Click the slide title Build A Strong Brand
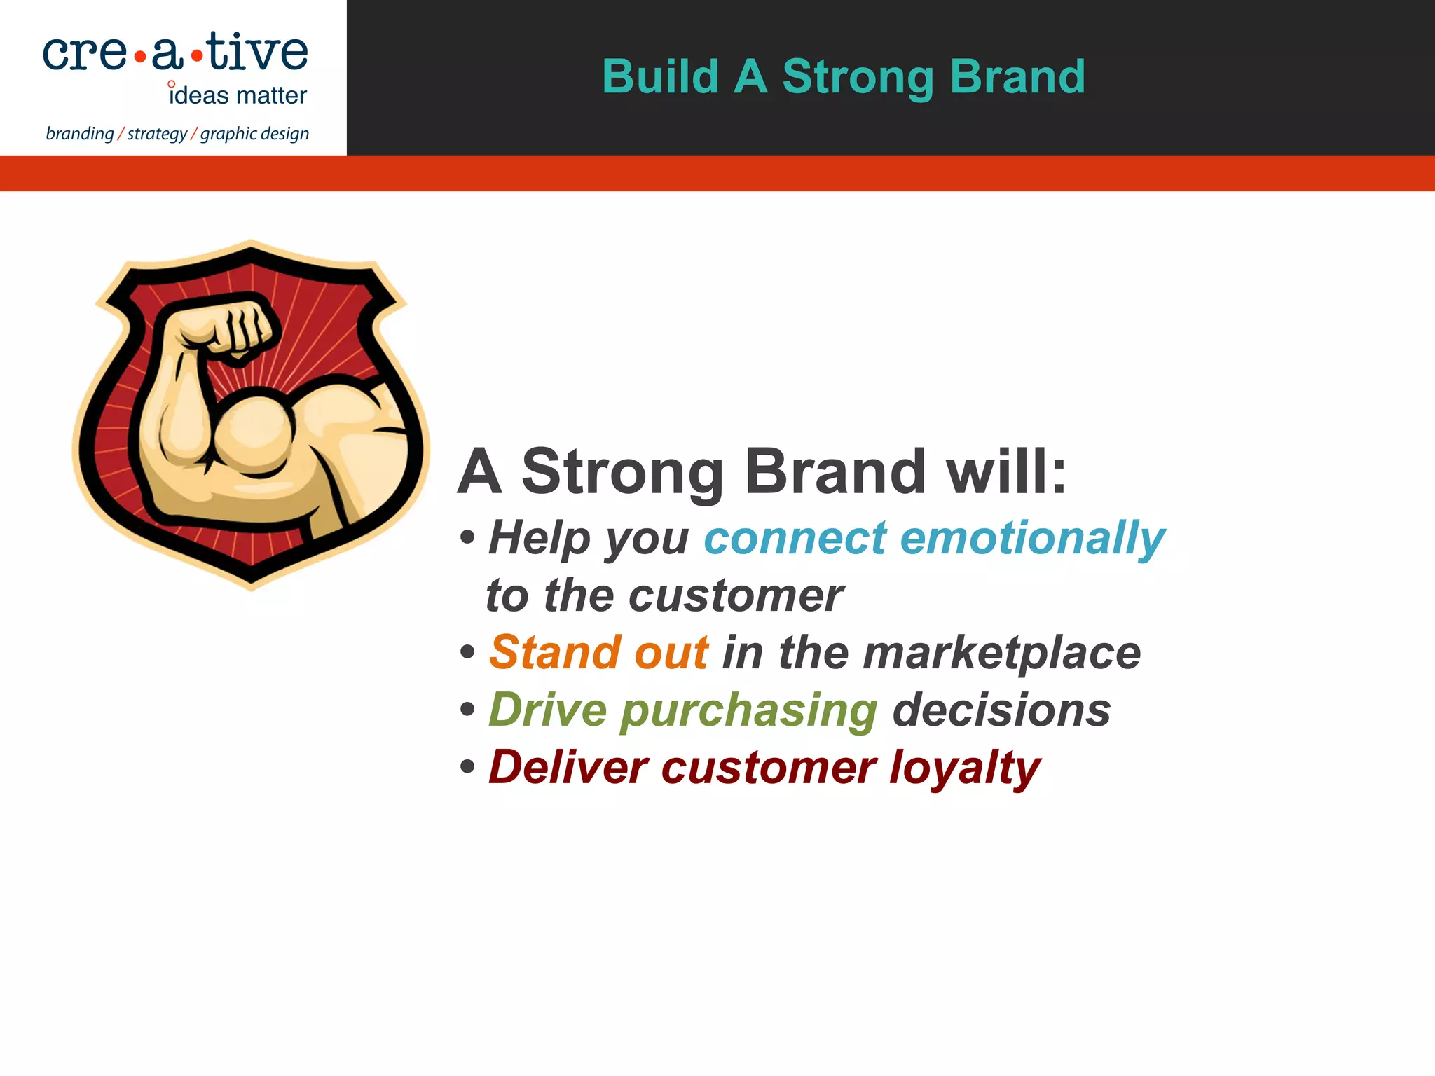(844, 76)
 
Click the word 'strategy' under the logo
(157, 133)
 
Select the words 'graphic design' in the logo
(254, 133)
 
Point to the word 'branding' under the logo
(79, 133)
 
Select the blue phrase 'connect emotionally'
(933, 538)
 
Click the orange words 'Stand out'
(598, 652)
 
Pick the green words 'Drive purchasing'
(682, 710)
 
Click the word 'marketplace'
(1001, 652)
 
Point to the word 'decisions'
(1001, 710)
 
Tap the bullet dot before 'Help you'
(467, 538)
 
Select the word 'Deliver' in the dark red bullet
(568, 768)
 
